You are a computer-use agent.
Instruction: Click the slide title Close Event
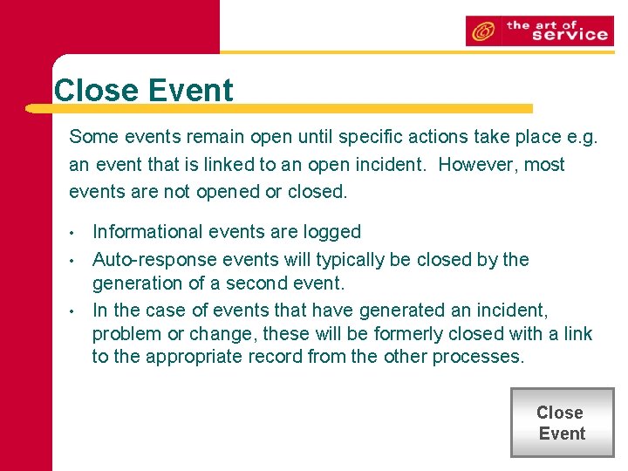[x=143, y=91]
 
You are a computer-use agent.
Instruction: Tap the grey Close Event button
[x=561, y=423]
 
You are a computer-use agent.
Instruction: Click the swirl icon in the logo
[x=481, y=31]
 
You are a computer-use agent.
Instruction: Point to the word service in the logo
[x=569, y=35]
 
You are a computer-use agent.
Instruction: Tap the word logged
[x=331, y=232]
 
